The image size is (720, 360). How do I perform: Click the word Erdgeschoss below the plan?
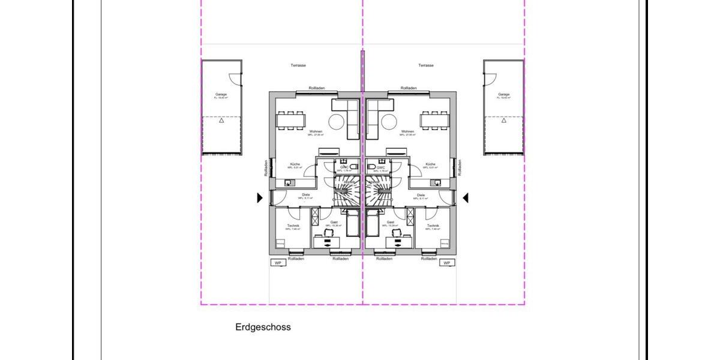pyautogui.click(x=263, y=328)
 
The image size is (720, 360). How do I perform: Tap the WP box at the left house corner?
pyautogui.click(x=278, y=263)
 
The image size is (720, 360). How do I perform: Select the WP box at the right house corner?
pyautogui.click(x=446, y=263)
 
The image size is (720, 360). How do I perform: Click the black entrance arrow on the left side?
pyautogui.click(x=260, y=197)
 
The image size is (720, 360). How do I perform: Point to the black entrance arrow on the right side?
pyautogui.click(x=465, y=197)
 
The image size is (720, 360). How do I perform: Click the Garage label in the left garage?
pyautogui.click(x=221, y=94)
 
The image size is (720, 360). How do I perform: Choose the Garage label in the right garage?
pyautogui.click(x=503, y=94)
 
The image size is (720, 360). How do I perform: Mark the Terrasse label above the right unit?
pyautogui.click(x=426, y=65)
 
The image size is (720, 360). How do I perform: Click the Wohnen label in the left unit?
pyautogui.click(x=316, y=131)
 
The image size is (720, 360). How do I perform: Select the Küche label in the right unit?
pyautogui.click(x=430, y=164)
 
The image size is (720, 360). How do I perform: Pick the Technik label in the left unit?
pyautogui.click(x=293, y=226)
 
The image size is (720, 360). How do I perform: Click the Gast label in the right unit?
pyautogui.click(x=391, y=222)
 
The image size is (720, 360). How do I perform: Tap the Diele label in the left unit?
pyautogui.click(x=305, y=195)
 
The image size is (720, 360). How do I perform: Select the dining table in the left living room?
pyautogui.click(x=290, y=121)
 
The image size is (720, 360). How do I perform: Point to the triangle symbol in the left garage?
pyautogui.click(x=221, y=121)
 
